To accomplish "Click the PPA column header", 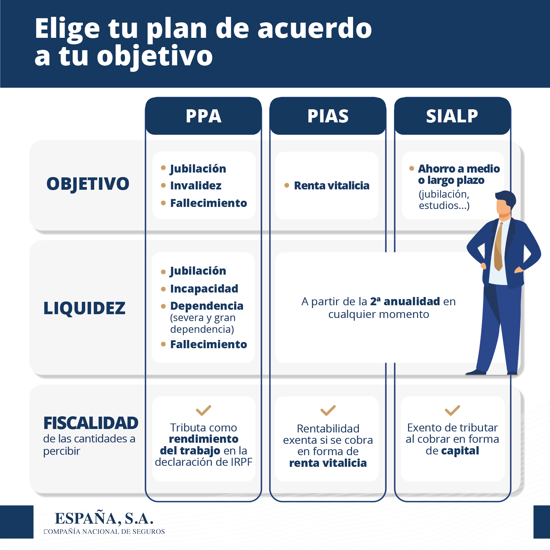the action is tap(203, 116).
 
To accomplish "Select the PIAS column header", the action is tap(328, 116).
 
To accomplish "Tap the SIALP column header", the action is tap(452, 116).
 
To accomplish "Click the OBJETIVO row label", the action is tap(88, 184).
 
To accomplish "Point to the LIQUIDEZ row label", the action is tap(85, 308).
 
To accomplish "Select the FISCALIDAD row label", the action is tap(91, 423).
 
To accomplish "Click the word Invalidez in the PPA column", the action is tap(196, 186).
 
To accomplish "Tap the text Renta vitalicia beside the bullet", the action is tap(331, 186).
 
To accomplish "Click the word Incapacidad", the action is tap(204, 289).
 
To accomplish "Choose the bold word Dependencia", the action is tap(207, 306).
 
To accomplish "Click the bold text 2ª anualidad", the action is tap(405, 301).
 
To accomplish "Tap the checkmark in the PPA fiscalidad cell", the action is tap(203, 410).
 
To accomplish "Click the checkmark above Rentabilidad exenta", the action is tap(328, 410).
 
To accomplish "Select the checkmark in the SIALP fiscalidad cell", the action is tap(452, 410).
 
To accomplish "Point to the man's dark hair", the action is tap(506, 198).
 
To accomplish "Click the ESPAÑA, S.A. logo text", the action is tap(104, 518).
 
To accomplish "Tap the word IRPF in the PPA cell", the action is tap(241, 462).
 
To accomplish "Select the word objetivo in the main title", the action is tap(155, 56).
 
